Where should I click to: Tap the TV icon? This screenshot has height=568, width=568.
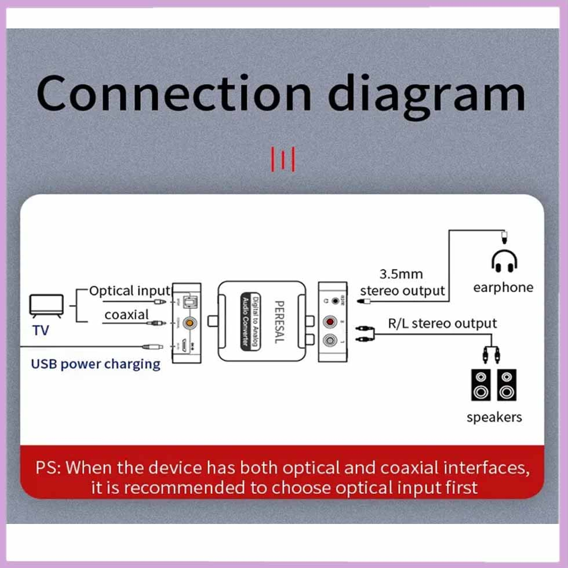point(46,305)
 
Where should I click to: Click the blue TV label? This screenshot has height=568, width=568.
point(41,331)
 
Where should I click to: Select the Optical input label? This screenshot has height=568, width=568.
point(130,291)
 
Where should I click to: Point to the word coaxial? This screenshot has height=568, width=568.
point(126,315)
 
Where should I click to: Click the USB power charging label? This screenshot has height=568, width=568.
point(96,364)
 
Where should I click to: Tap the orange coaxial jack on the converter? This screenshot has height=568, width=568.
point(188,324)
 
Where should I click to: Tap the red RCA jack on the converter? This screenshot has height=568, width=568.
point(331,321)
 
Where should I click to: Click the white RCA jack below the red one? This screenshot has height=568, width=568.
point(331,341)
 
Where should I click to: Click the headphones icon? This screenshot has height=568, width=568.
point(504,262)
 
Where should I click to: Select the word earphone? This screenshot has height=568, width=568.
point(503,287)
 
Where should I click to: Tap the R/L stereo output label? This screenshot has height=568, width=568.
point(442,323)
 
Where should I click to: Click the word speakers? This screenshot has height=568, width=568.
point(494,417)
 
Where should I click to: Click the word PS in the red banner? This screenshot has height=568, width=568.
point(46,468)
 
